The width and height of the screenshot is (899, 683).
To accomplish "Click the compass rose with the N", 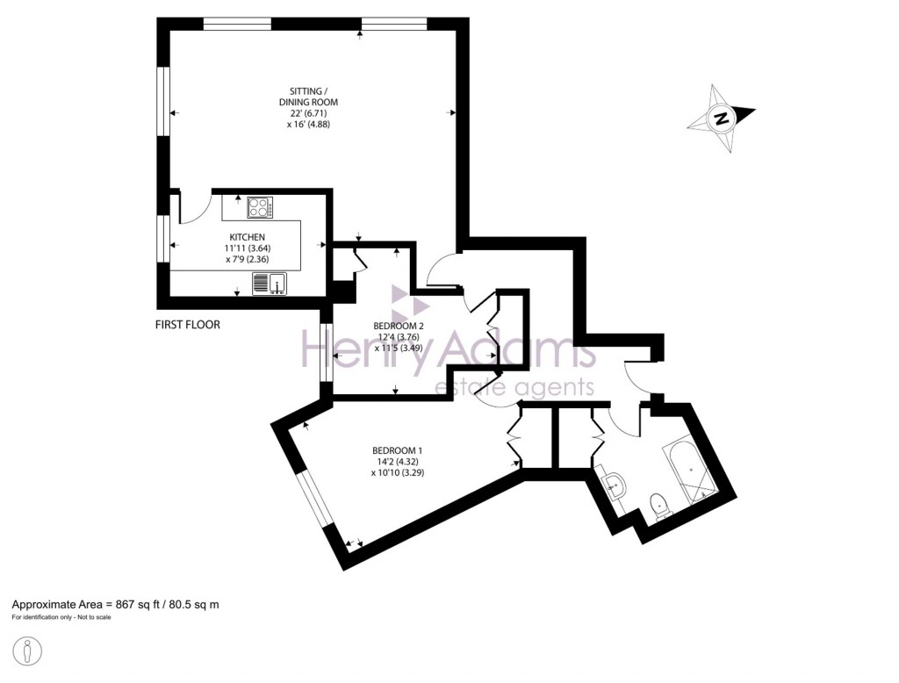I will coord(721,119).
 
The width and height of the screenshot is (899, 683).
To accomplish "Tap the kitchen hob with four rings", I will coord(260,208).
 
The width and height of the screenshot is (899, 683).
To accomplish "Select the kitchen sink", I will coord(270,283).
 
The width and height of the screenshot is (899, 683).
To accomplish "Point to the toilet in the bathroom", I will coord(658,505).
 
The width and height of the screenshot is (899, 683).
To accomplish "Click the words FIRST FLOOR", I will coord(187,325).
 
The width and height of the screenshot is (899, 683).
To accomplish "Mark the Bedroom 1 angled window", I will coord(313,501).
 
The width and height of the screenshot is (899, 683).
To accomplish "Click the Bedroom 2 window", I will coord(327,354).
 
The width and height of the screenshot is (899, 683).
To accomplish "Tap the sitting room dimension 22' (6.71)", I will coord(314,113).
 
